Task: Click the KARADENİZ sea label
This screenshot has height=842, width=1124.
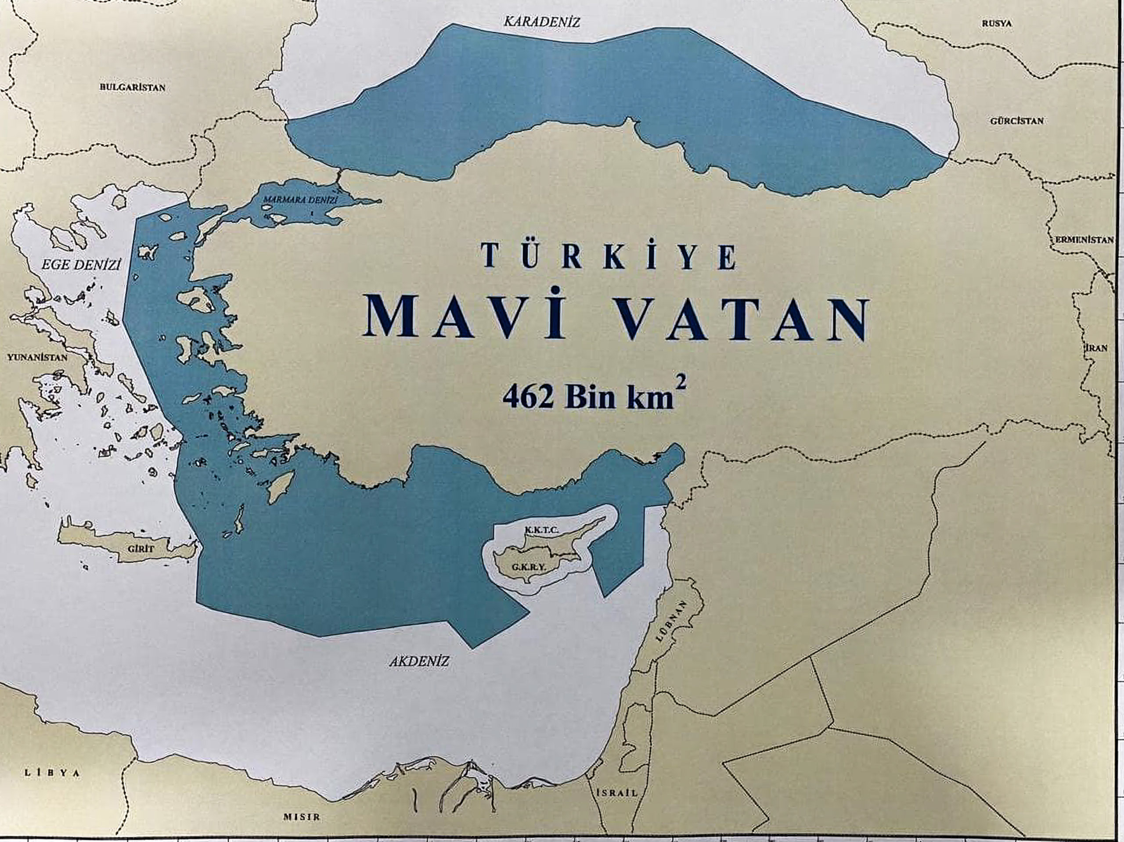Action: coord(541,22)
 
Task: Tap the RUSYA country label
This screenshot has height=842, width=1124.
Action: coord(997,23)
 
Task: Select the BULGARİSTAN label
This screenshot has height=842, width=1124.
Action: coord(133,87)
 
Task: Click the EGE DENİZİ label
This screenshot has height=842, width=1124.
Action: coord(81,265)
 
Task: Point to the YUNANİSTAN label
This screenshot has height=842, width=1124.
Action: coord(37,357)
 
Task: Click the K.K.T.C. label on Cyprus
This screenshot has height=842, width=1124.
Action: coord(542,530)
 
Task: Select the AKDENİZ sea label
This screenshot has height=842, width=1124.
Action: coord(420,662)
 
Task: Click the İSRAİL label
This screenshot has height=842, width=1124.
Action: coord(617,793)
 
